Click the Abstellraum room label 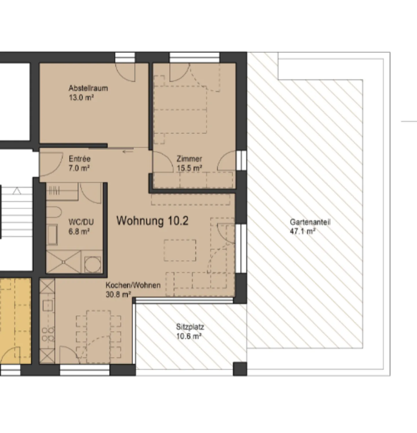[88, 88]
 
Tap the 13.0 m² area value [81, 97]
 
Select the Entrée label [80, 159]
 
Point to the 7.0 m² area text [79, 168]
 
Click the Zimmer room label [189, 159]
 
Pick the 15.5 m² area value [189, 168]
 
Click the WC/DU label [81, 222]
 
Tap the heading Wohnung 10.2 [152, 221]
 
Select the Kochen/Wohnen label [133, 285]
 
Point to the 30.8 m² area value [118, 294]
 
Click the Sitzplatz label [190, 327]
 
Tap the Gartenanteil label [310, 222]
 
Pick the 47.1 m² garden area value [303, 231]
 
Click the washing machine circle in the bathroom [93, 265]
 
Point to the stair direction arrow [17, 191]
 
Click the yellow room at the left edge [15, 321]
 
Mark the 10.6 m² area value [189, 336]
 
